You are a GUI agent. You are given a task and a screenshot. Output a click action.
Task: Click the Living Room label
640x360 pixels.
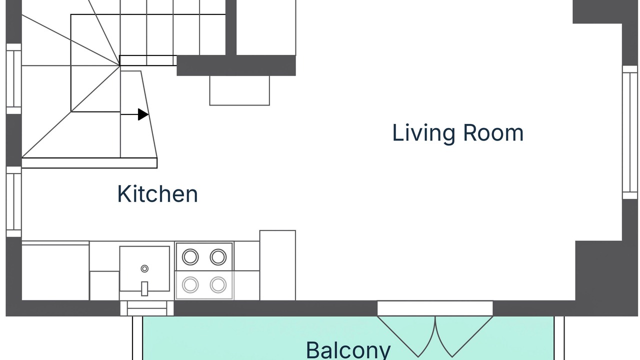(x=458, y=133)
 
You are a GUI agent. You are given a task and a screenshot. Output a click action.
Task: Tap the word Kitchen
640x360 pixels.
(x=157, y=193)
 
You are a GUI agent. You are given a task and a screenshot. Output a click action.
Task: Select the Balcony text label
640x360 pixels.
(x=348, y=350)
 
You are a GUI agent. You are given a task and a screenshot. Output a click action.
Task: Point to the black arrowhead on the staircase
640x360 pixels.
(x=143, y=114)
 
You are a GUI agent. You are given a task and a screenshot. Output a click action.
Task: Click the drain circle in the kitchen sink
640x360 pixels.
(x=144, y=268)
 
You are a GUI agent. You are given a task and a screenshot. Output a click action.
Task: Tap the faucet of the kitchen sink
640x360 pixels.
(x=144, y=288)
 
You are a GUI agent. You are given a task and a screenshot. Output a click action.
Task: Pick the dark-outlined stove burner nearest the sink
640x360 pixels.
(x=190, y=257)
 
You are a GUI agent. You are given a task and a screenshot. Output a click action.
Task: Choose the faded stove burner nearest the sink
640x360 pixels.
(x=190, y=285)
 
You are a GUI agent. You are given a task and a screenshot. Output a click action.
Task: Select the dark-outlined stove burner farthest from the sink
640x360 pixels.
(x=218, y=257)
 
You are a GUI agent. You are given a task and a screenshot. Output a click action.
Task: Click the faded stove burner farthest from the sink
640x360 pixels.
(x=218, y=285)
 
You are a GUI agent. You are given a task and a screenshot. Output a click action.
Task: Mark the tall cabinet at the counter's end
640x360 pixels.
(x=277, y=265)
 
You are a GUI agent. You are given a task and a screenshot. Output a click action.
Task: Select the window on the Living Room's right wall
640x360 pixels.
(x=630, y=132)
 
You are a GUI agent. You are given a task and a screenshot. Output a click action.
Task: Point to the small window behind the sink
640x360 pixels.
(x=147, y=308)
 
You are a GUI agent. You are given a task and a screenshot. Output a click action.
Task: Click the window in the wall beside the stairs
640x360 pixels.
(x=13, y=79)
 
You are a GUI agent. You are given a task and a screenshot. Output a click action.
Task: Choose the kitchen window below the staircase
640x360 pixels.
(x=13, y=201)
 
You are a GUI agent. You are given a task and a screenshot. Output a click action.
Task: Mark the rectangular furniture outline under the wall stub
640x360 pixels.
(x=239, y=90)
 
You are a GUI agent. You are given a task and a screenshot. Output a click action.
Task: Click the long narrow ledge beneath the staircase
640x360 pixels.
(x=89, y=163)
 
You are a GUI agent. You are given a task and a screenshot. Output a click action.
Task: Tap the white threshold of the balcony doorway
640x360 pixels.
(x=435, y=308)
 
